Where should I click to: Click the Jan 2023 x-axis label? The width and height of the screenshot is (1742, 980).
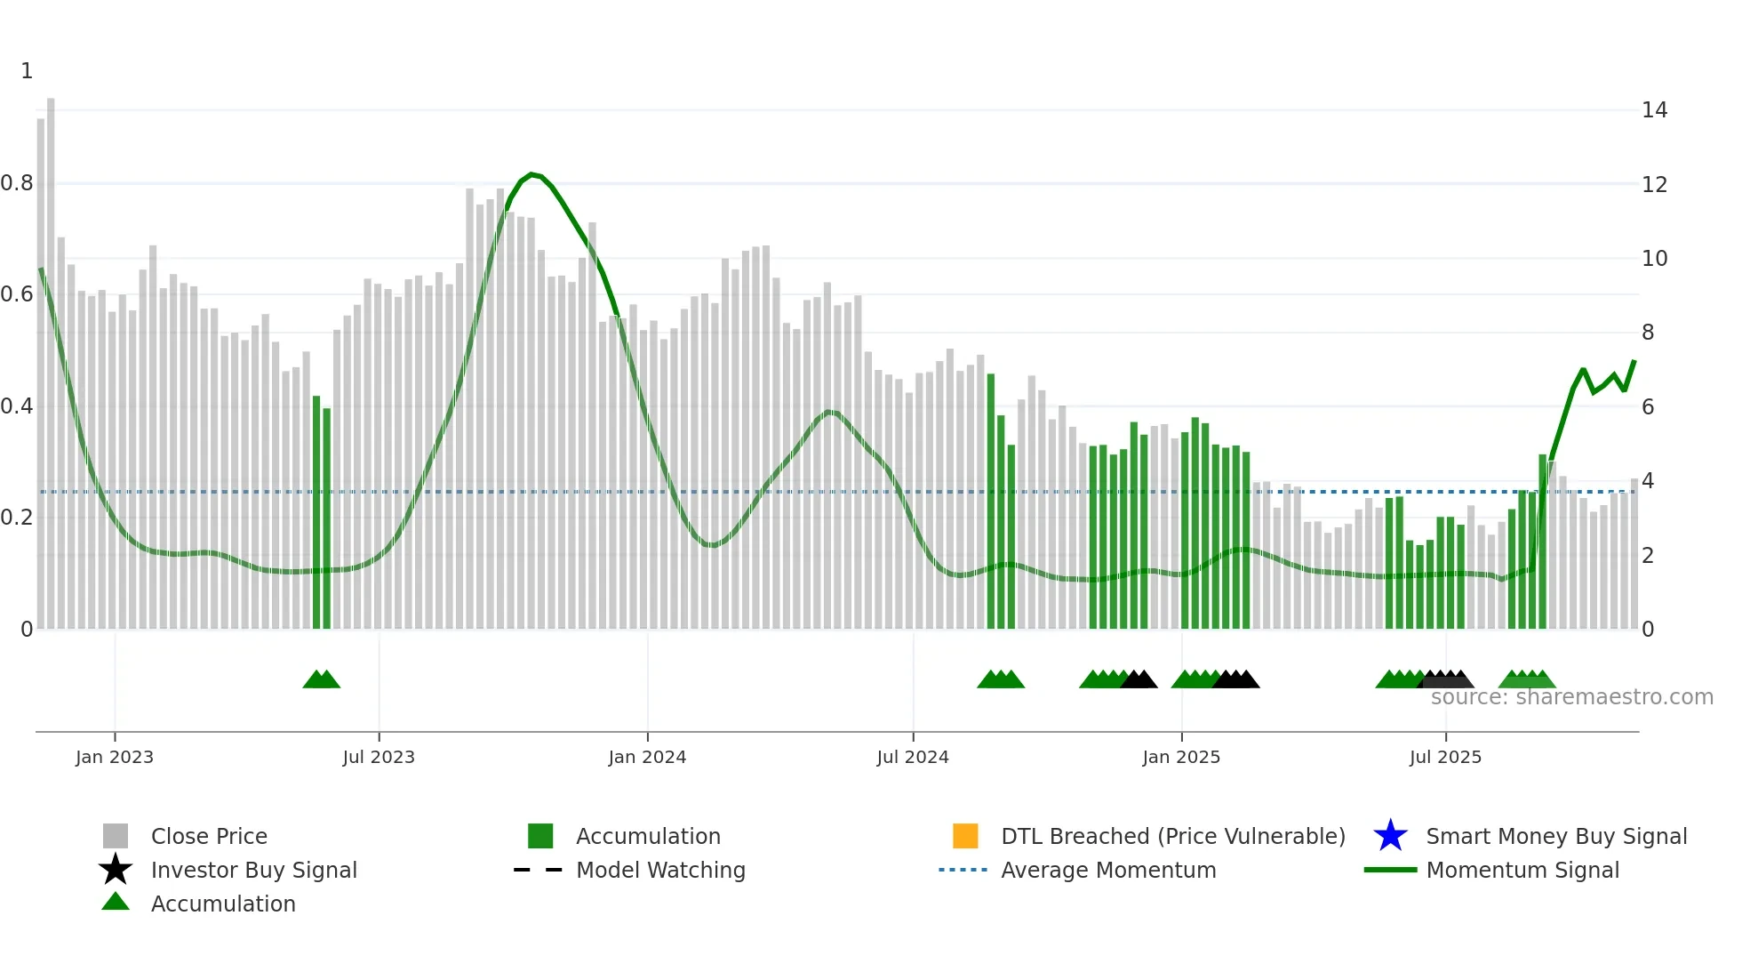click(114, 757)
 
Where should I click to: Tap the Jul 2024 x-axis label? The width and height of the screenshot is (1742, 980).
click(913, 757)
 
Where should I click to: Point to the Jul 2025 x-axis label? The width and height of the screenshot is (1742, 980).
click(1445, 757)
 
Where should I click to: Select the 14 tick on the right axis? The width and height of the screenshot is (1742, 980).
click(1654, 110)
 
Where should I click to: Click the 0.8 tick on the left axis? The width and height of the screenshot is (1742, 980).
click(17, 183)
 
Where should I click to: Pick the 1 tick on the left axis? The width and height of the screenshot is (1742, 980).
click(27, 71)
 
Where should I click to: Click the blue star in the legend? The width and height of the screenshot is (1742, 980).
click(1390, 836)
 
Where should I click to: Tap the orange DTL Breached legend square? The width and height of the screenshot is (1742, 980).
click(965, 836)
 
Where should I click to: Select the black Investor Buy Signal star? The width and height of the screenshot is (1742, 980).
click(116, 870)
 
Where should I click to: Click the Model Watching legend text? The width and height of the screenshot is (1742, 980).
click(660, 870)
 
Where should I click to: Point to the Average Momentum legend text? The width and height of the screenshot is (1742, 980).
click(1108, 870)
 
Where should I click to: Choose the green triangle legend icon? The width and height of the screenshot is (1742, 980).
click(116, 902)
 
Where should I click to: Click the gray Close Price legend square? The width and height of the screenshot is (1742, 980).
click(116, 836)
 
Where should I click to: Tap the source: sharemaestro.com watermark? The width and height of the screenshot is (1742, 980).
click(1571, 697)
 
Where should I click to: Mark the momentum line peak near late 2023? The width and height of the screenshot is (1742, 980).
click(531, 174)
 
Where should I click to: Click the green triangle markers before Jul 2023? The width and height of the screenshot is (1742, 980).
click(322, 679)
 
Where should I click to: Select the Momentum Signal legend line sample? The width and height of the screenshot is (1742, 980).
click(1390, 870)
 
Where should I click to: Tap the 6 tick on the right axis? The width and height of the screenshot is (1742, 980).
click(1648, 407)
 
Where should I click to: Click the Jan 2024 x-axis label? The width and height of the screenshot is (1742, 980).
click(647, 757)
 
